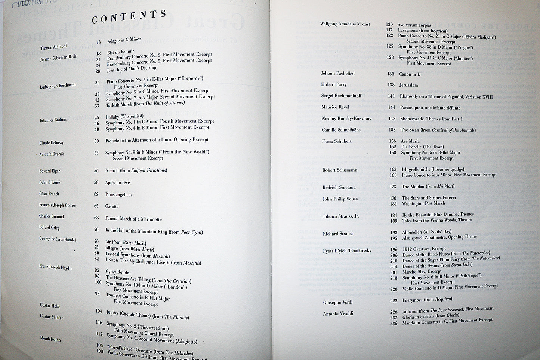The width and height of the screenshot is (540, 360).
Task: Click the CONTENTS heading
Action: tap(129, 17)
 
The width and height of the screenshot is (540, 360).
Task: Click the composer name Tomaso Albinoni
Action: tap(54, 47)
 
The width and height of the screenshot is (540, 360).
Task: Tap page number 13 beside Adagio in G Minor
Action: tap(98, 42)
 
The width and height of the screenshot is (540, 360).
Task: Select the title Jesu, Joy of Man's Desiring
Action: tap(132, 69)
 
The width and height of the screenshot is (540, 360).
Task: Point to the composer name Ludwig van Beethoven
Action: tap(58, 86)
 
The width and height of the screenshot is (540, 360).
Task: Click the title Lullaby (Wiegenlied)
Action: tap(124, 117)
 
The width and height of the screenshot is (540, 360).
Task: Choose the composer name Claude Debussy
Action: tap(52, 143)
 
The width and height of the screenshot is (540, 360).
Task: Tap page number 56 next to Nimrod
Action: tap(96, 170)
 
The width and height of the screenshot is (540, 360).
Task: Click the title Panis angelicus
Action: tap(118, 194)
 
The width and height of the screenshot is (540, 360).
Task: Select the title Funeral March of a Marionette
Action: tap(133, 219)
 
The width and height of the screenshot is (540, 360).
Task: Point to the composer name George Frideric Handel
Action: tap(58, 239)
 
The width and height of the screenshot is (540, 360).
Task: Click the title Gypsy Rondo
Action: tap(117, 271)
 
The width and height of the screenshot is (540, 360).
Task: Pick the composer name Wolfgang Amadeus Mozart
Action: tap(345, 24)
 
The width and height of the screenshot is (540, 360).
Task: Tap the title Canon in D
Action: tap(410, 74)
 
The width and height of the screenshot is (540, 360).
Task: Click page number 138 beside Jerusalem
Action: tap(391, 85)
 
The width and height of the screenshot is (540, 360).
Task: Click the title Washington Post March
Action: tap(423, 204)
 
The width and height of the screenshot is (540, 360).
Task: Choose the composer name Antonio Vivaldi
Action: tap(338, 313)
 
